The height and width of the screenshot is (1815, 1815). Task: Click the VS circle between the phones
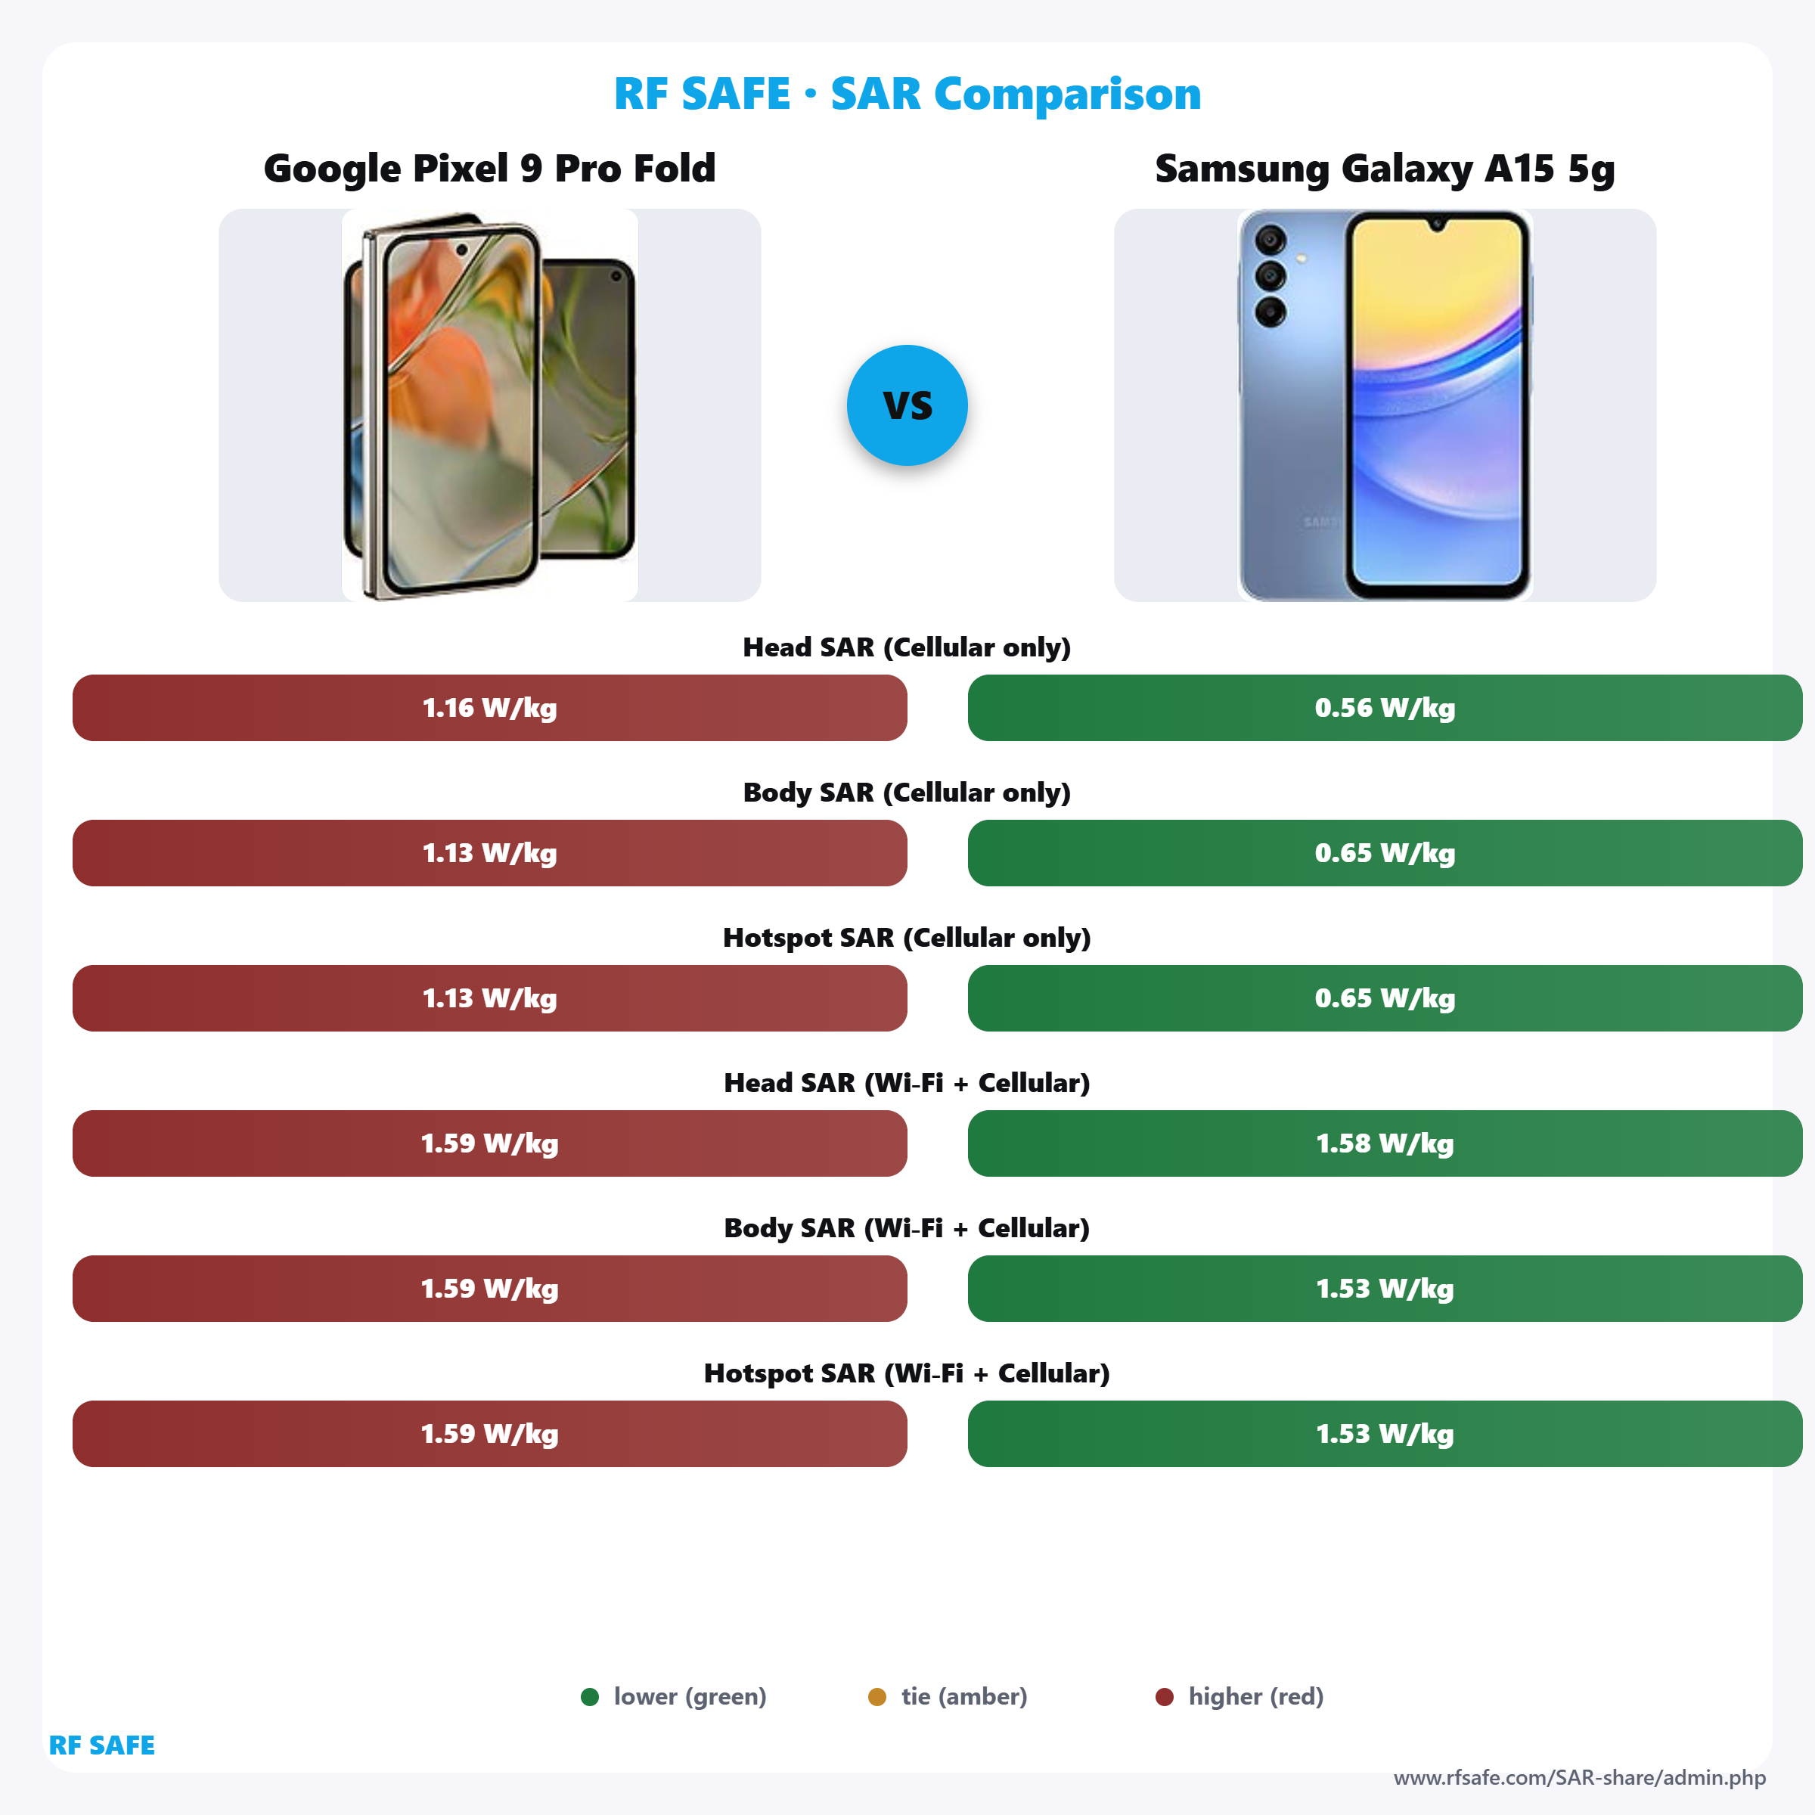(x=907, y=405)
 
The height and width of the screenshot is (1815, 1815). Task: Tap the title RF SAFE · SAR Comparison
(x=907, y=94)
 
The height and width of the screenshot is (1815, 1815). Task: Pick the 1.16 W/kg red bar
(x=489, y=707)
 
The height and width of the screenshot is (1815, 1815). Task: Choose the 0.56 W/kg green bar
(x=1385, y=707)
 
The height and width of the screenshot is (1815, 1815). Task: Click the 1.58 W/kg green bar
(x=1385, y=1143)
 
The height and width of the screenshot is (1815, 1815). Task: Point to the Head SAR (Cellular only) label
(x=907, y=647)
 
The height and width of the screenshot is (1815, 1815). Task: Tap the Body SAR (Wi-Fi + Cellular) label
(x=907, y=1228)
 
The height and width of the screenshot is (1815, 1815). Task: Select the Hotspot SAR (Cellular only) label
(x=907, y=938)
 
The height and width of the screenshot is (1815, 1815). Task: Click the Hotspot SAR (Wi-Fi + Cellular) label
(x=907, y=1373)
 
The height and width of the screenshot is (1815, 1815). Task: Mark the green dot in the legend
(x=590, y=1696)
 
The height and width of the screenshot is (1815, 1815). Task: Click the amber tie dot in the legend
(x=876, y=1696)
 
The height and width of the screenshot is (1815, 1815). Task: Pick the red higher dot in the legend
(x=1164, y=1696)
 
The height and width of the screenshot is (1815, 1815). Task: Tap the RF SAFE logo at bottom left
(x=101, y=1745)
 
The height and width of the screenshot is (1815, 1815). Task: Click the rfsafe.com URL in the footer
(x=1579, y=1777)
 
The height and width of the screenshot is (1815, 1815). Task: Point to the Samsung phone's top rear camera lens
(x=1270, y=240)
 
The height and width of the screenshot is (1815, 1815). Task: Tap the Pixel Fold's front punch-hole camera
(x=461, y=251)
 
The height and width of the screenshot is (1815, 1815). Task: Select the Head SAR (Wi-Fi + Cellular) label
(x=907, y=1083)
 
